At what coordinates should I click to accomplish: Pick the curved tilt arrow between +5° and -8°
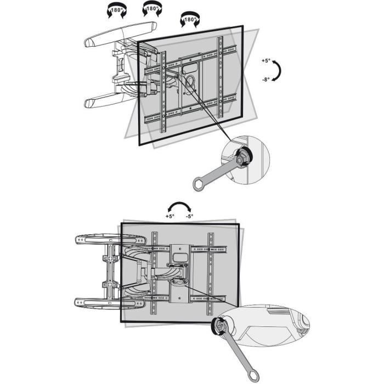pyautogui.click(x=278, y=71)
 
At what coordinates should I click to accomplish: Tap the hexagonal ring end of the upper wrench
pyautogui.click(x=200, y=183)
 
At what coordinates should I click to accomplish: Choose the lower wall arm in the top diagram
pyautogui.click(x=110, y=100)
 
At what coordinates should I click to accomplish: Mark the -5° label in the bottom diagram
pyautogui.click(x=189, y=217)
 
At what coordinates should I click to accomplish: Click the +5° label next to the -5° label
pyautogui.click(x=170, y=217)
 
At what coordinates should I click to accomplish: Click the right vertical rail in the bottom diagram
pyautogui.click(x=211, y=277)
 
